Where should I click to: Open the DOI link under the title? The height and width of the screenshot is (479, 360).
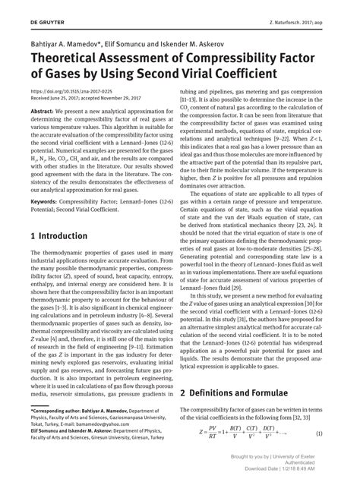[x=66, y=92]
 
